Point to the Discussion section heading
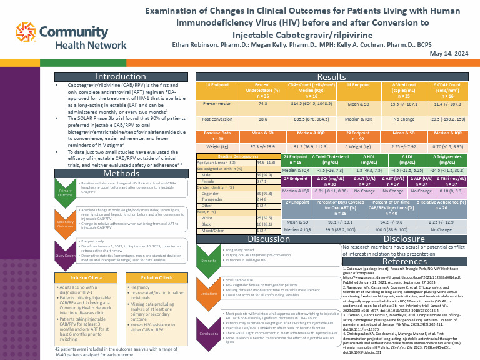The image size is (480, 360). (x=269, y=239)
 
